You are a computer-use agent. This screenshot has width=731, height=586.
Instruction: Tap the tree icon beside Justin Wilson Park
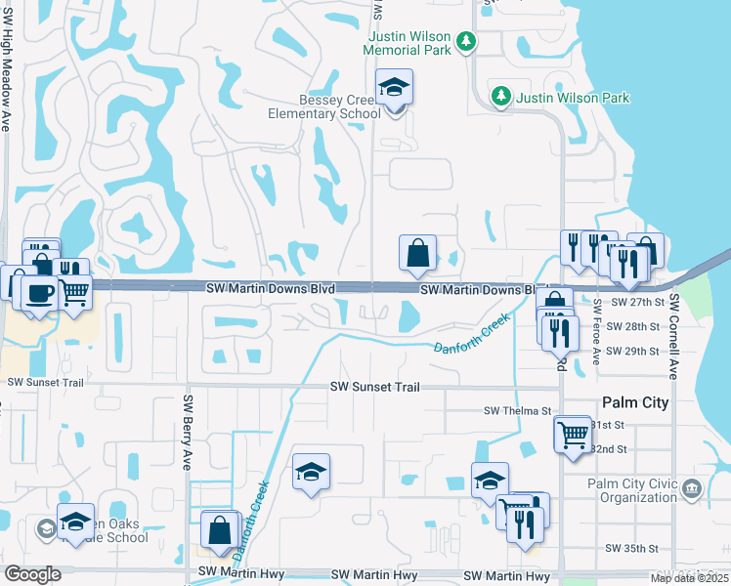pos(501,96)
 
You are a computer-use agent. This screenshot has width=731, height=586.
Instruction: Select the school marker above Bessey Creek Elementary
pos(394,87)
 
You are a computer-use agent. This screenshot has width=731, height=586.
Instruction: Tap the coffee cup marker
pos(39,292)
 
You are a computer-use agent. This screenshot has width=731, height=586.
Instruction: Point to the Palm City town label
pos(635,402)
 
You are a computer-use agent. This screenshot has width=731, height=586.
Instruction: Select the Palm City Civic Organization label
pos(632,490)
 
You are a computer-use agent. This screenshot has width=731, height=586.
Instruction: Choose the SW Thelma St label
pos(518,411)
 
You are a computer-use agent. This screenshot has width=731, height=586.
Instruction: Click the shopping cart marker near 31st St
pos(572,433)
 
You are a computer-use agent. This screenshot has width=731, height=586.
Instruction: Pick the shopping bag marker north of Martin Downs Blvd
pos(417,252)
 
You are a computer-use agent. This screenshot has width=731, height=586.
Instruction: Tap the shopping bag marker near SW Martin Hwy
pos(222,530)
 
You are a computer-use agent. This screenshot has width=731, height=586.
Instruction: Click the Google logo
pos(32,573)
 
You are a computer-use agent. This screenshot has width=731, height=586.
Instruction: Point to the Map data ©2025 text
pos(689,578)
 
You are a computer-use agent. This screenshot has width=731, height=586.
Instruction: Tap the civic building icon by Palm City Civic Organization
pos(692,487)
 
